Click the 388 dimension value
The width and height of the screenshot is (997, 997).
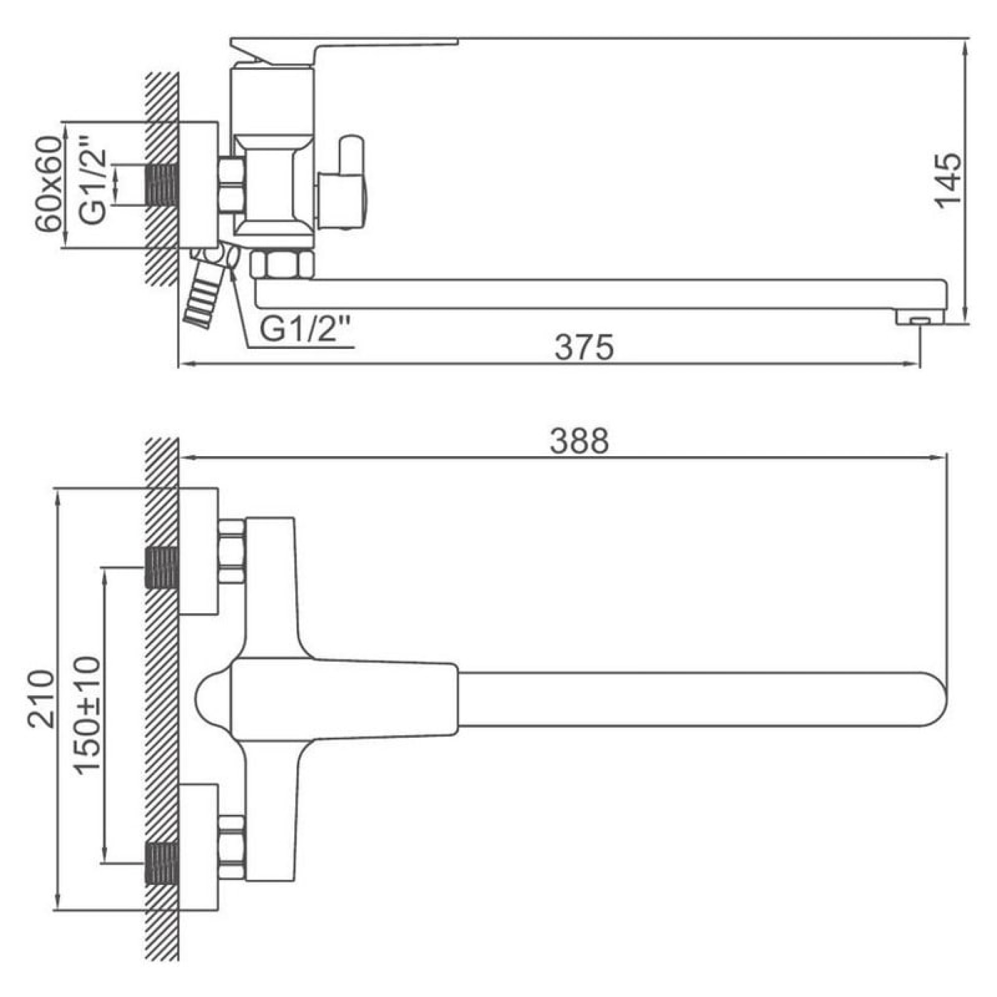click(579, 441)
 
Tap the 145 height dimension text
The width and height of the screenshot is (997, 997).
click(950, 180)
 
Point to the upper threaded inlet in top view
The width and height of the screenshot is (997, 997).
click(162, 568)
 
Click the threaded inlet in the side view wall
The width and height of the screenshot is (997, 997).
click(162, 184)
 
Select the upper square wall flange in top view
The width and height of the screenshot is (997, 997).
click(198, 551)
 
